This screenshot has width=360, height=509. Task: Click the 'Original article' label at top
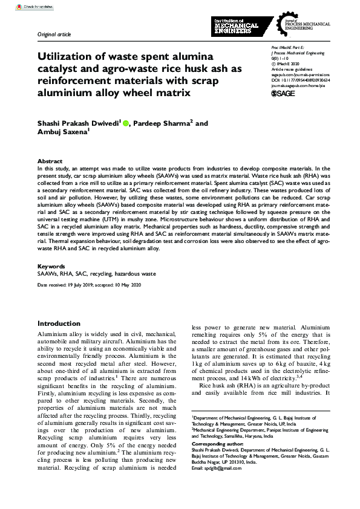coord(54,35)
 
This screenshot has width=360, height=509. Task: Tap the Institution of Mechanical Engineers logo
coord(236,26)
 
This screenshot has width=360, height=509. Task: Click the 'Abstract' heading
coord(50,161)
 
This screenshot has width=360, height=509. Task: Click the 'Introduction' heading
coord(60,324)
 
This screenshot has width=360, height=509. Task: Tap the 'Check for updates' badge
coord(22,6)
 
